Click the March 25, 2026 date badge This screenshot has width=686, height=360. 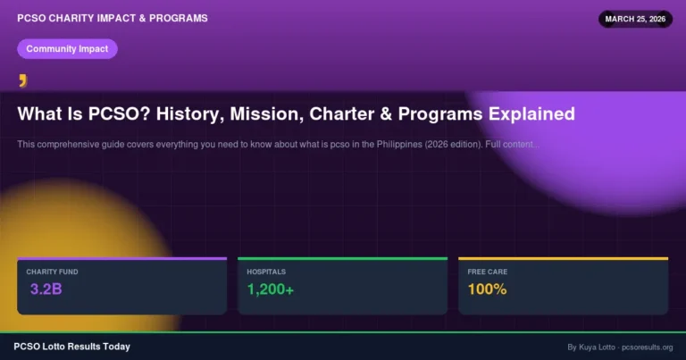coord(635,19)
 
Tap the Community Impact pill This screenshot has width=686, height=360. coord(67,49)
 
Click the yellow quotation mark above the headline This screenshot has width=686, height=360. coord(23,81)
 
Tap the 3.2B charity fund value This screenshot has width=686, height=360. coord(46,289)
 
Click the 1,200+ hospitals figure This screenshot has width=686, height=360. coord(277,289)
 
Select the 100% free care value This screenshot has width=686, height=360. coord(487,289)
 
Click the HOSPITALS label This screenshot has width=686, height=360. coord(267,271)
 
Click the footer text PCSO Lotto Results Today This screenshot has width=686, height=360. coord(72,347)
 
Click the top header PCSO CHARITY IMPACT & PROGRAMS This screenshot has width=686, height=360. coord(113,18)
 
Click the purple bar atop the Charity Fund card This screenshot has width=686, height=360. coord(121,259)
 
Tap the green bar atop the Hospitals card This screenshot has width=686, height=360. coord(342,259)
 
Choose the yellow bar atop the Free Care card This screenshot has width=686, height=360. coord(563,259)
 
